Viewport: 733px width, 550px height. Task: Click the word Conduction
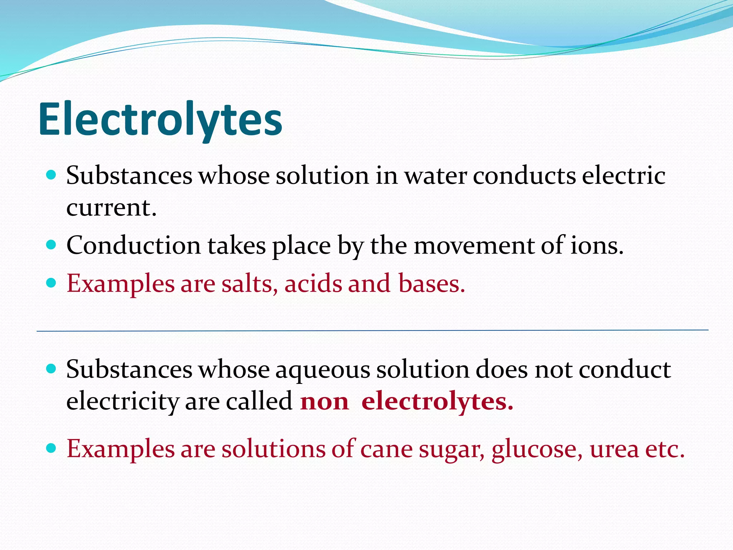pyautogui.click(x=134, y=246)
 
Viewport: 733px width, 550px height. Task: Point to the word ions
pyautogui.click(x=597, y=246)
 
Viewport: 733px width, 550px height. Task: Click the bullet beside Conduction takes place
pyautogui.click(x=52, y=245)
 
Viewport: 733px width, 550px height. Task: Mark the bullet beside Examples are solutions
pyautogui.click(x=52, y=448)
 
